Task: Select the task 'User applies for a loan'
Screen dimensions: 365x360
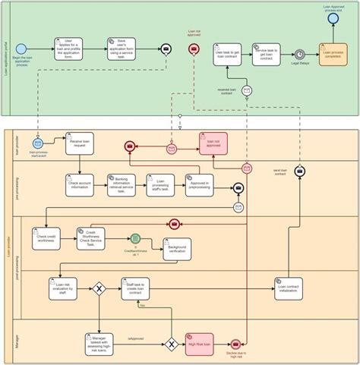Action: (x=68, y=49)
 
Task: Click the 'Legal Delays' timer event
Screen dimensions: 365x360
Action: (x=300, y=54)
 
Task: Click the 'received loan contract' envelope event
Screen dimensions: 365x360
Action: (x=247, y=90)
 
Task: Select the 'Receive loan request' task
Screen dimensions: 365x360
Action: (x=79, y=143)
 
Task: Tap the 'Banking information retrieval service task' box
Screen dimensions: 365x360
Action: (x=122, y=186)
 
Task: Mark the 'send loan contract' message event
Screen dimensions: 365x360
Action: (x=300, y=172)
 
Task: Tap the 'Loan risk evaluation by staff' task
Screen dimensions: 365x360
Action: (x=63, y=288)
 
